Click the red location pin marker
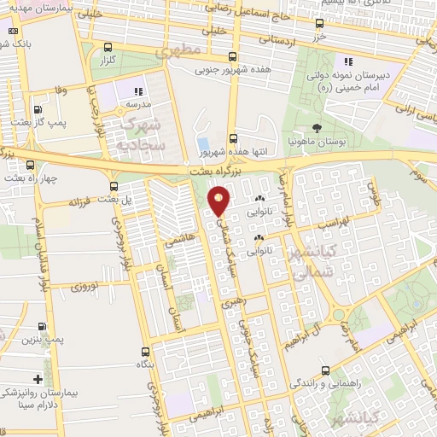coord(219,201)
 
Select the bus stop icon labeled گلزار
coord(108,48)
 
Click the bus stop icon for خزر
coord(319,23)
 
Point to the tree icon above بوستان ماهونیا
coord(318,127)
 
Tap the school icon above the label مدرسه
coord(136,90)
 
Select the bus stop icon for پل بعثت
coord(114,185)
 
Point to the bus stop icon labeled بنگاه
coord(143,352)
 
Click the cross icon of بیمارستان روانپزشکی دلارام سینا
coord(38,379)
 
